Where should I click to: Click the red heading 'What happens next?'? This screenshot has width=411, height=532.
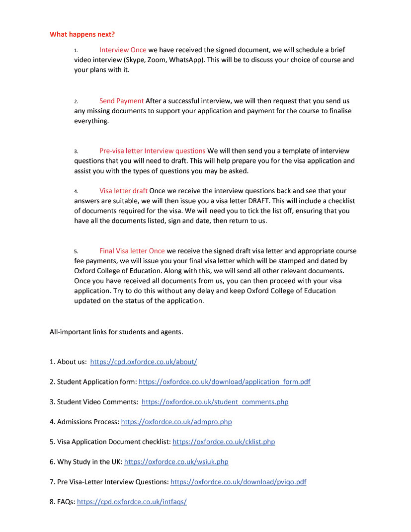(82, 34)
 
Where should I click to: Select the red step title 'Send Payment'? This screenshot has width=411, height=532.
(121, 101)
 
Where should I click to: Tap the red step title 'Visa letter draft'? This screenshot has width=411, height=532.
(123, 191)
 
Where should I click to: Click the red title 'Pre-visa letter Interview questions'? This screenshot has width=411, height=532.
(152, 151)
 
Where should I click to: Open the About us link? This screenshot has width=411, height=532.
(144, 362)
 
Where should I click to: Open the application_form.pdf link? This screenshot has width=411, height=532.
(224, 382)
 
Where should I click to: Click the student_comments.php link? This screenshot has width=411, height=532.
(215, 402)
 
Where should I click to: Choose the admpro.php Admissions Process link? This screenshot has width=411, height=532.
(176, 422)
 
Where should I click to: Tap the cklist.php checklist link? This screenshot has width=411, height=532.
(224, 442)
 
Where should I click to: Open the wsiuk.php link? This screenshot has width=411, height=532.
(176, 461)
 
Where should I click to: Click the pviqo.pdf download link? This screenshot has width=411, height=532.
(239, 482)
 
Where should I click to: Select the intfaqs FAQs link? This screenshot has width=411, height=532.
(132, 502)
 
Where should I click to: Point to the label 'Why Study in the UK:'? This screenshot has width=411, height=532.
(86, 461)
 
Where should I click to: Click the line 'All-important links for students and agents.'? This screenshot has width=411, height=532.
(116, 331)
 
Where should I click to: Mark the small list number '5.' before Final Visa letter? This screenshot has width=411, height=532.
(76, 252)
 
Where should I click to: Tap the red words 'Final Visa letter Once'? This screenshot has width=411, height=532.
(132, 251)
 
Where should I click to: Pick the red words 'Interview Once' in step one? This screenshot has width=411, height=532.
(123, 50)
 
